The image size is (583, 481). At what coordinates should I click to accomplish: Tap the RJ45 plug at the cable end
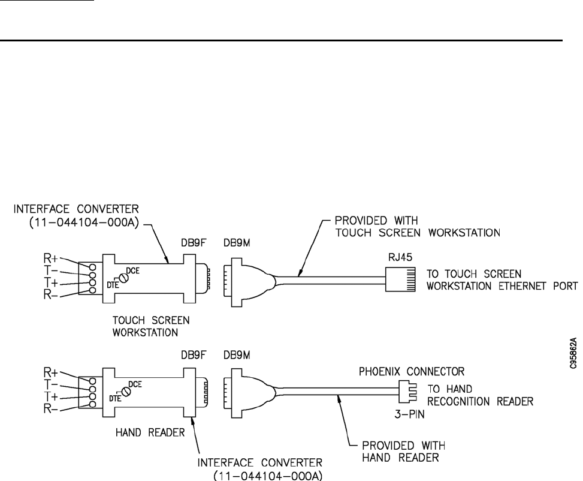[x=398, y=277]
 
